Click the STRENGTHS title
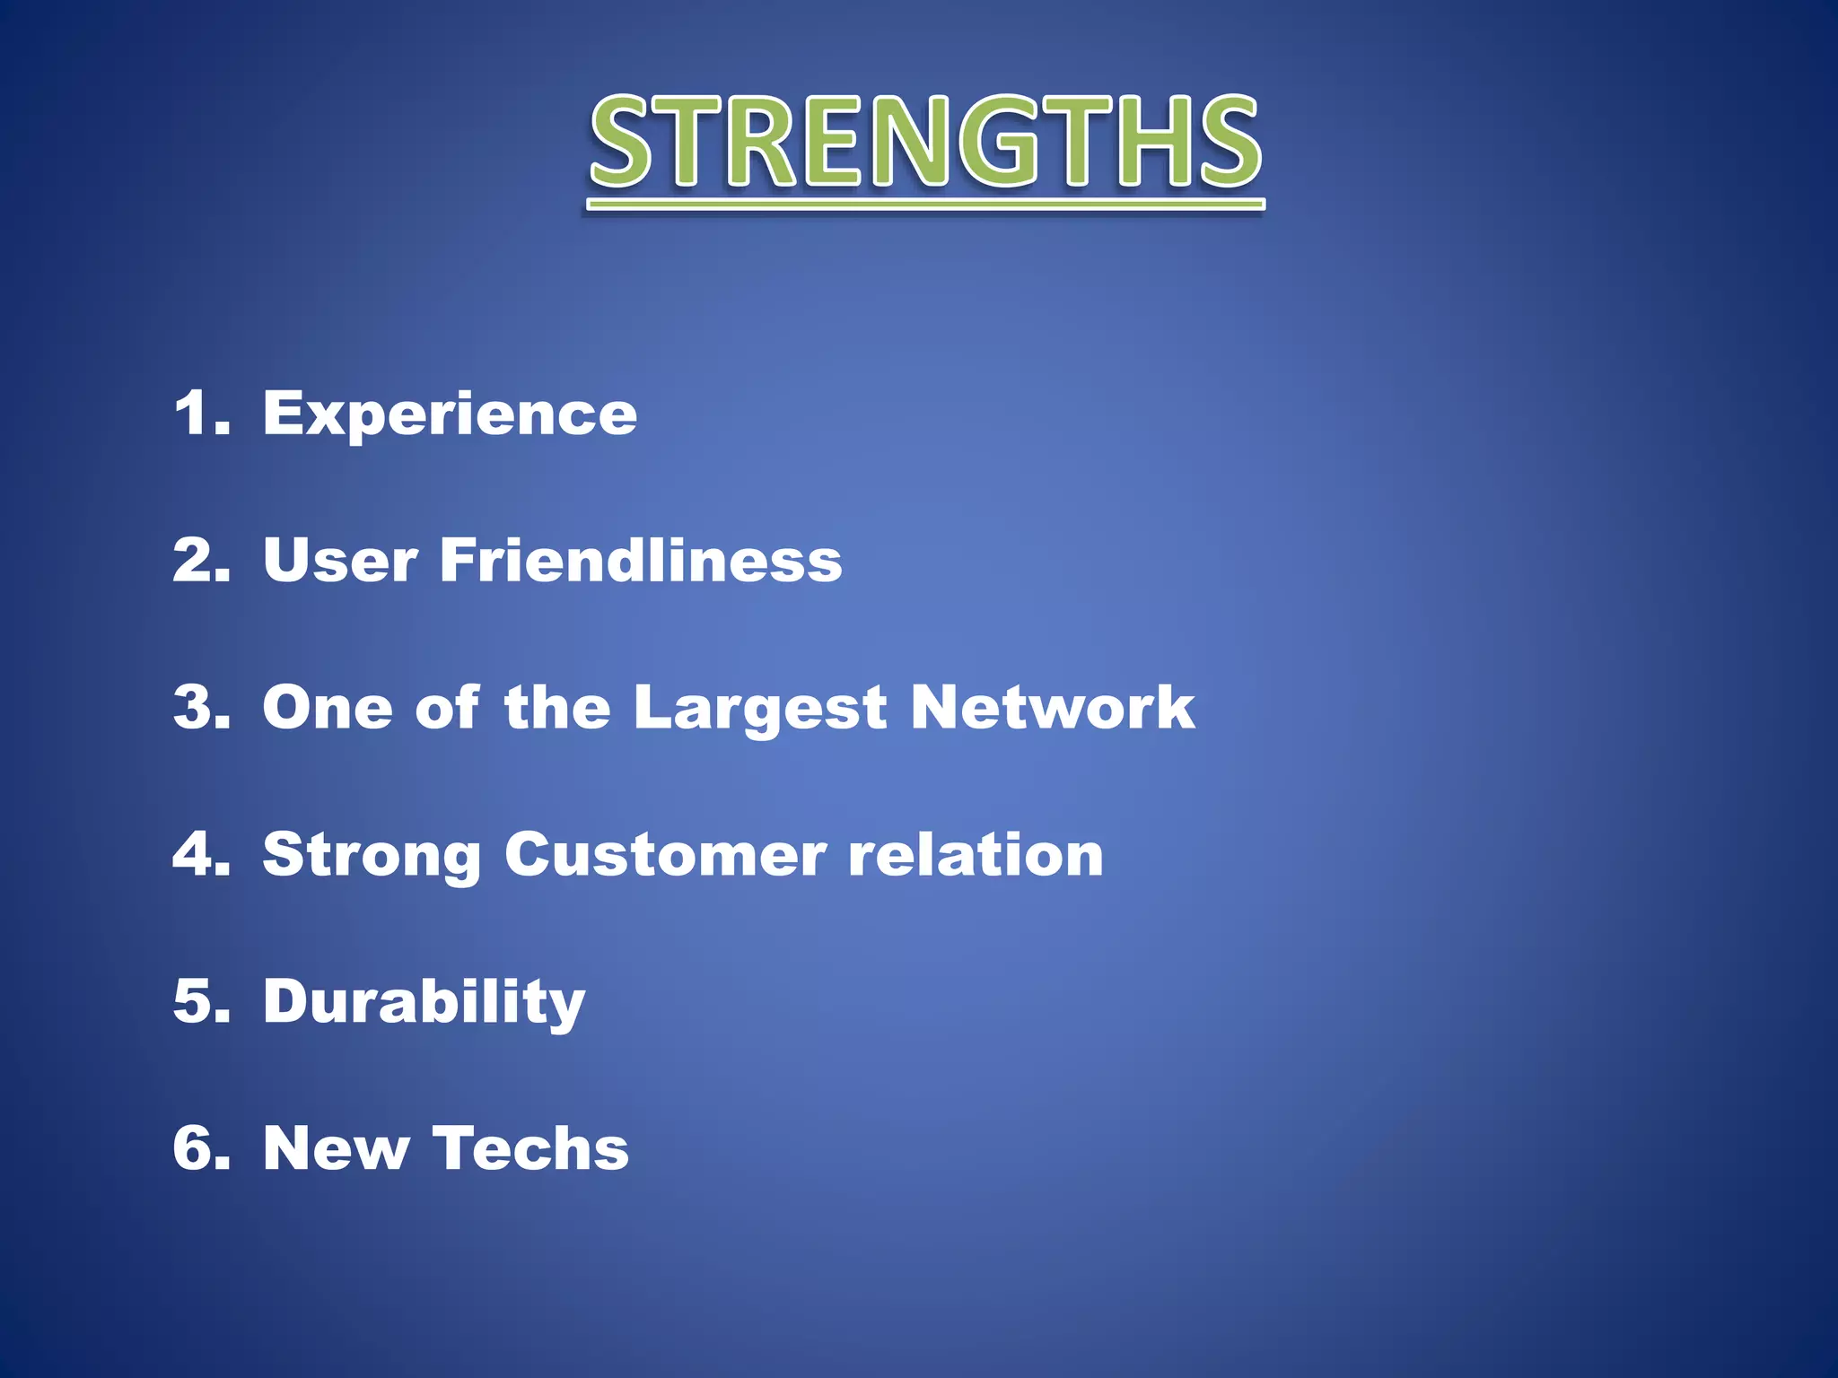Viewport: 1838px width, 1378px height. pos(925,144)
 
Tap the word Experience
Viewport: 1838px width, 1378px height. pos(450,414)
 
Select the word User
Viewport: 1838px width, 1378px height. pos(340,561)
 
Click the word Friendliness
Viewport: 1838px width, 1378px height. pos(641,561)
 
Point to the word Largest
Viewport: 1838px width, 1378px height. pos(760,709)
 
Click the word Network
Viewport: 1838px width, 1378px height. pos(1052,708)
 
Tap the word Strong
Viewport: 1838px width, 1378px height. pos(372,855)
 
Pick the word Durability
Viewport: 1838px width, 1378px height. pos(424,1002)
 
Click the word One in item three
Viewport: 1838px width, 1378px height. pos(328,708)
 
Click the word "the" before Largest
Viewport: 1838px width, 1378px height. pos(557,708)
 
